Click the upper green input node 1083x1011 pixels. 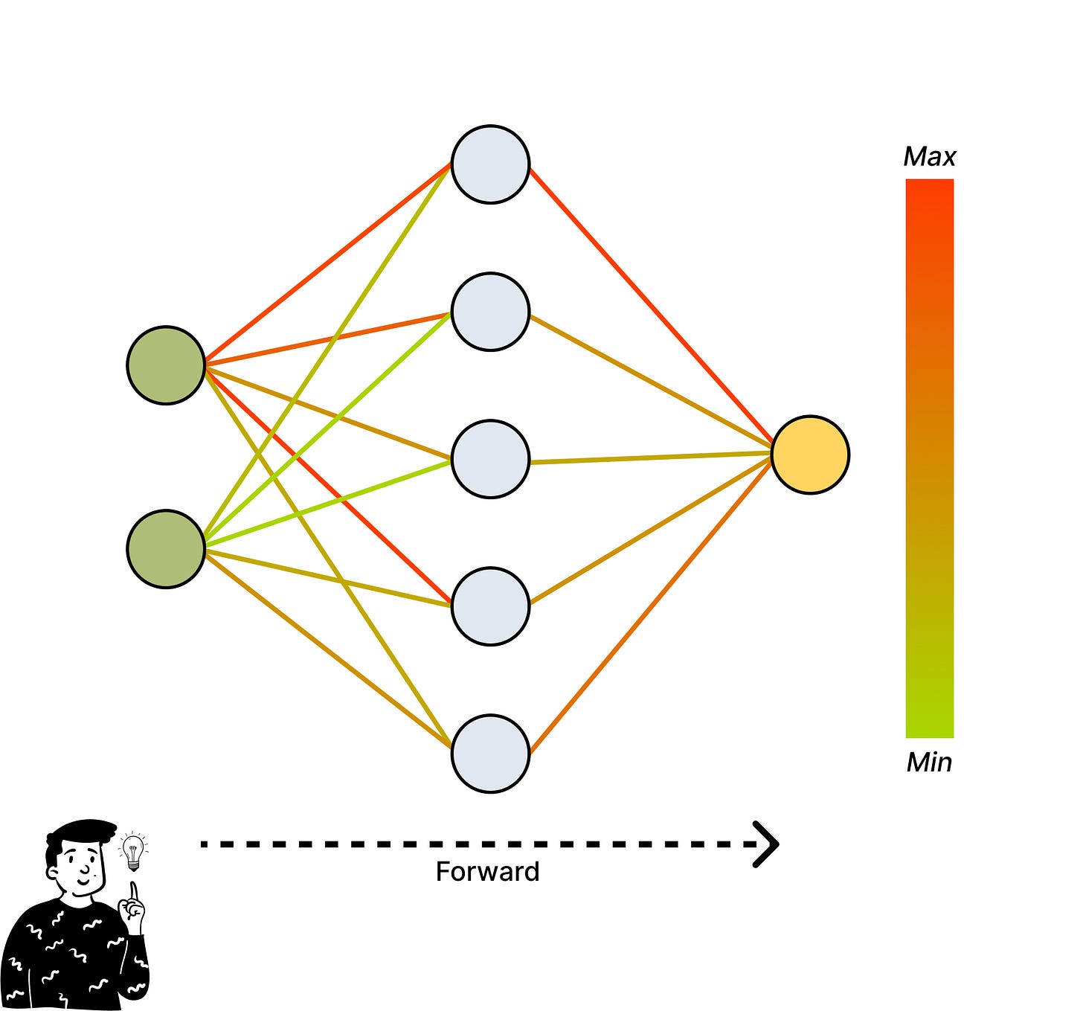click(166, 365)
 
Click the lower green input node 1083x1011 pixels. click(166, 549)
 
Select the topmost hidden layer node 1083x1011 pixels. click(490, 164)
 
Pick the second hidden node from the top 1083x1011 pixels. click(490, 312)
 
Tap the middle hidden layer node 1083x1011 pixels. click(490, 459)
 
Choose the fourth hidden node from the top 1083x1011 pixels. click(490, 606)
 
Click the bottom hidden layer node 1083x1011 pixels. click(490, 754)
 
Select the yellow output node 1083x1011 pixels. click(810, 455)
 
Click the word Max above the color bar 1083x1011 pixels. click(929, 157)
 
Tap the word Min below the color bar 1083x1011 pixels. click(929, 763)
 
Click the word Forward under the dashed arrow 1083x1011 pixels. click(487, 872)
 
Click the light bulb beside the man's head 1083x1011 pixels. click(133, 851)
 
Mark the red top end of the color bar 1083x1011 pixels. click(929, 190)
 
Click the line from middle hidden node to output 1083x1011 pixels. click(651, 458)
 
